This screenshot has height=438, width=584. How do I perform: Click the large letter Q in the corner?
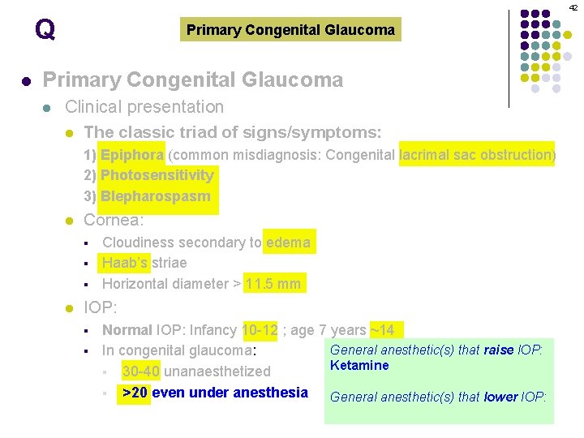point(45,30)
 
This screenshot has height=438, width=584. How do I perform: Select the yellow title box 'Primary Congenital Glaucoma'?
point(290,30)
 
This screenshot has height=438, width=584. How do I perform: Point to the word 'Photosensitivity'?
point(157,175)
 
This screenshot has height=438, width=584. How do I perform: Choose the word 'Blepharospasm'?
point(156,196)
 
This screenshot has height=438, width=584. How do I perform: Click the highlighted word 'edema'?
point(288,242)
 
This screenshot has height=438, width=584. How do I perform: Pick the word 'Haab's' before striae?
point(125,263)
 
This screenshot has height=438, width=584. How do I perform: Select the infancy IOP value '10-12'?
point(260,330)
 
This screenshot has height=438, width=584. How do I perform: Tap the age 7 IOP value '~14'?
point(382,330)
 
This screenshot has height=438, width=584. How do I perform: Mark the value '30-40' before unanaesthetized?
point(140,371)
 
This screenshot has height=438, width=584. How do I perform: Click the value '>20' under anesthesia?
point(134,393)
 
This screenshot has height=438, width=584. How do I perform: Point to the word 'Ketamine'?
point(359,365)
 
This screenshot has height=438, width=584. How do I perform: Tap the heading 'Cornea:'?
point(114,220)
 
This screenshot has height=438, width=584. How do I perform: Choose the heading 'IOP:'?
point(101,307)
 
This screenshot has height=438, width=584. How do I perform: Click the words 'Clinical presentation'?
point(144,106)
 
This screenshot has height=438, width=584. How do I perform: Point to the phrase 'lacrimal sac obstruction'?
point(477,154)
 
